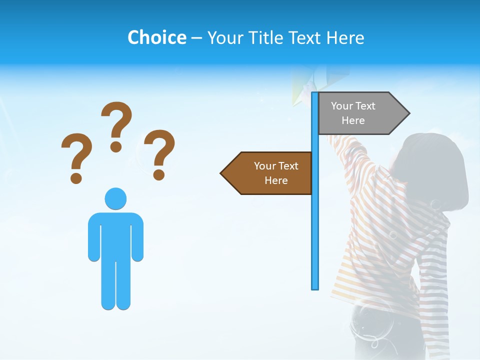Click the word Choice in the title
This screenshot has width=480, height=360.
coord(156,37)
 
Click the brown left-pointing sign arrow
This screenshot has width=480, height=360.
coord(267,173)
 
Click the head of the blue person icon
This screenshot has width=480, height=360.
coord(115,198)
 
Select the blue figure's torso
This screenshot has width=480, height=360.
coord(115,235)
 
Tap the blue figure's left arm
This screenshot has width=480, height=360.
coord(93,237)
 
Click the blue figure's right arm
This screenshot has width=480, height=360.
coord(137,237)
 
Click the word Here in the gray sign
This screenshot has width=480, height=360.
coord(353,120)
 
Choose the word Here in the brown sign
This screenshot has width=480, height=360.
coord(276,180)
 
